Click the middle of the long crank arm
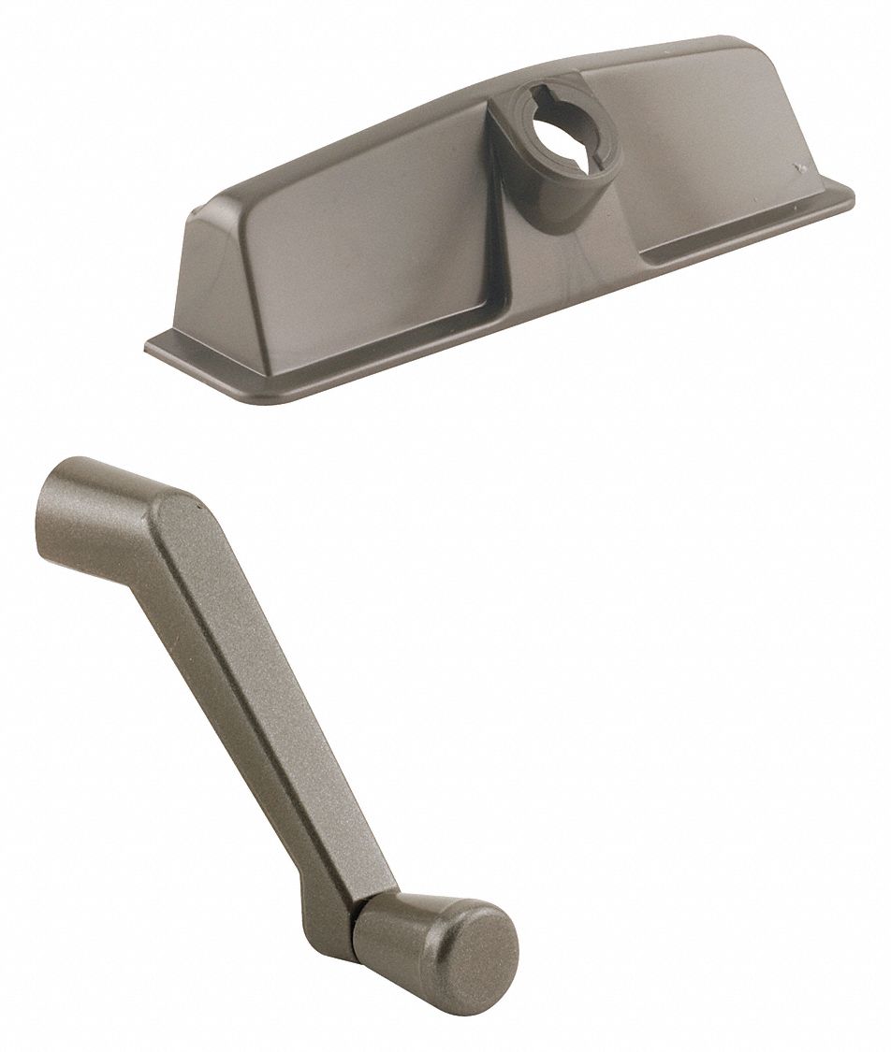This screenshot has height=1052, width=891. point(253,683)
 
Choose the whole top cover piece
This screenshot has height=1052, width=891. point(496,224)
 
